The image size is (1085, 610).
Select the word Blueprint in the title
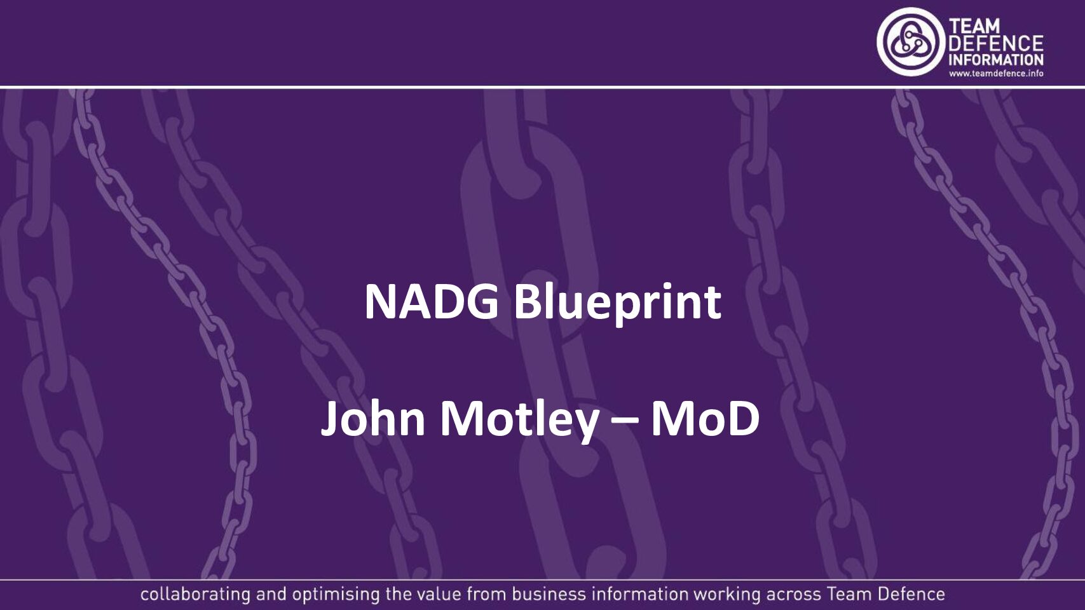(617, 302)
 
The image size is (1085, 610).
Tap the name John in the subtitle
(373, 418)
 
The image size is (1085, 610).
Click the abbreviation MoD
(705, 418)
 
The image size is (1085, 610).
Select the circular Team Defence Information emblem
(911, 42)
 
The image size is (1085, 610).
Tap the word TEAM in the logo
(974, 27)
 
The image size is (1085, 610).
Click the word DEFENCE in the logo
(995, 43)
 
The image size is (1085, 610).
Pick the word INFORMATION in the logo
(995, 60)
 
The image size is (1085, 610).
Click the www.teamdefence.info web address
(996, 74)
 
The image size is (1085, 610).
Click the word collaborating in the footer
(195, 595)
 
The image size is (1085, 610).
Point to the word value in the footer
(439, 594)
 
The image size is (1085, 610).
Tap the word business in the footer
(549, 594)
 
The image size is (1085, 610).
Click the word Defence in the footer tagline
(911, 594)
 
